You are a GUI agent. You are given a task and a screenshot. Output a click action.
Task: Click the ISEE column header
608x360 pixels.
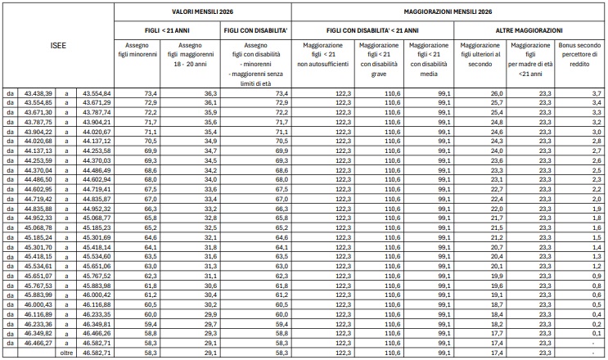56,47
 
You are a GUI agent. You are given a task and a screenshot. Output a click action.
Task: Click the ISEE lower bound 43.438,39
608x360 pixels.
39,95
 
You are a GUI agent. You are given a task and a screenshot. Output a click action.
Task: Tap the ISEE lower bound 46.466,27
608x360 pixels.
39,344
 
